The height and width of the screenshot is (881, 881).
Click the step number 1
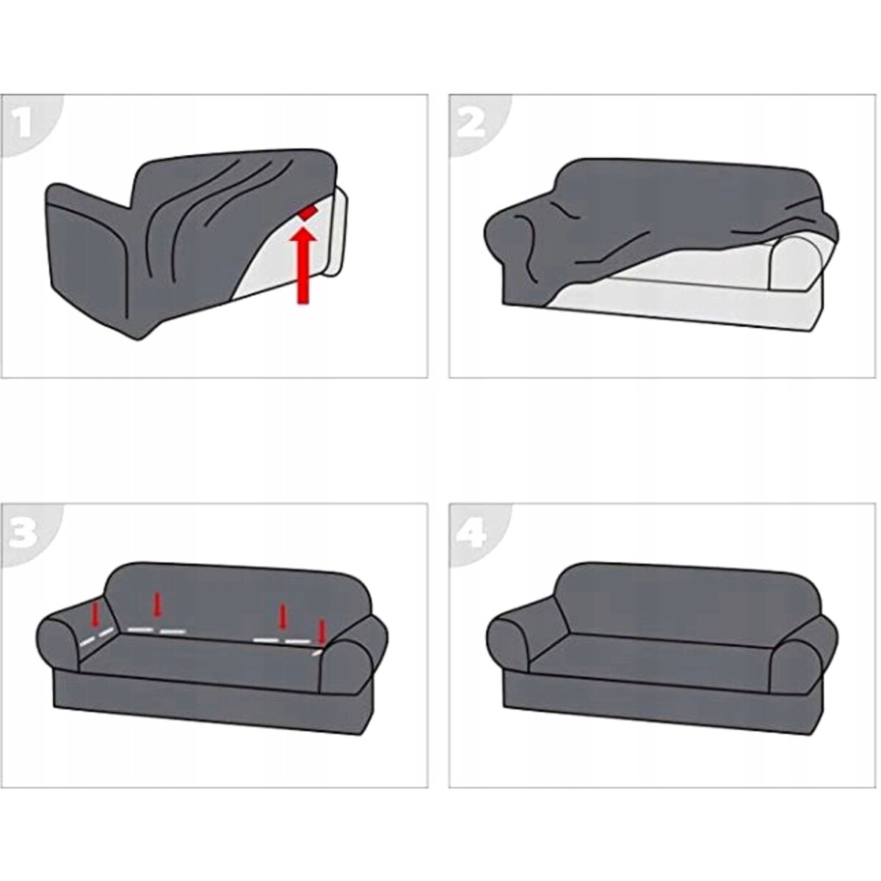23,124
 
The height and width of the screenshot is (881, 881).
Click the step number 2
471,124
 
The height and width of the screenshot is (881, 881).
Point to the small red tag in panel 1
307,213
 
